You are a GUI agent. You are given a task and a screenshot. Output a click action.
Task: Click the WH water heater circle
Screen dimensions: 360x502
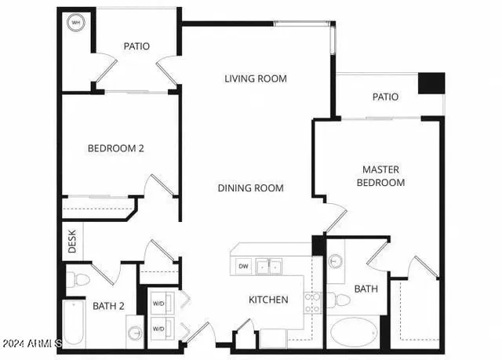pyautogui.click(x=76, y=23)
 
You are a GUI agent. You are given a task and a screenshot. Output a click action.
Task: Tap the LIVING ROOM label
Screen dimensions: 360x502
pyautogui.click(x=256, y=78)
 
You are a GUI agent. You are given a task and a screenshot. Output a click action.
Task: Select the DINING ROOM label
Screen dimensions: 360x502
pyautogui.click(x=251, y=188)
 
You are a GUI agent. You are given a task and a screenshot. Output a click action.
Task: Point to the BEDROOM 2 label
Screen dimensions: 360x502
pyautogui.click(x=115, y=147)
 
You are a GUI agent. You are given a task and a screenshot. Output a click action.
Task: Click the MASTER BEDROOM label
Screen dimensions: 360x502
pyautogui.click(x=381, y=176)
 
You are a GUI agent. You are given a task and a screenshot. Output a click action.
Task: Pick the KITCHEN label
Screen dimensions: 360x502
pyautogui.click(x=269, y=300)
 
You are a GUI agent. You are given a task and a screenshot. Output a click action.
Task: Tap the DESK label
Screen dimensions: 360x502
pyautogui.click(x=71, y=242)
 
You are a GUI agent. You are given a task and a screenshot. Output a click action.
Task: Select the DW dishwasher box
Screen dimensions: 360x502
pyautogui.click(x=244, y=265)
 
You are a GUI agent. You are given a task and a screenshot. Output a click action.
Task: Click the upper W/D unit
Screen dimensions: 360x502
pyautogui.click(x=158, y=302)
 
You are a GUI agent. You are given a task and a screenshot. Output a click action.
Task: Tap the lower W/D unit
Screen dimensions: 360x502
pyautogui.click(x=158, y=328)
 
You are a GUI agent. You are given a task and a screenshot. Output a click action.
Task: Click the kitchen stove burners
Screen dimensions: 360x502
pyautogui.click(x=312, y=303)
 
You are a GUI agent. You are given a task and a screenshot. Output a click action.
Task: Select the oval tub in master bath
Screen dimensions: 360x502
pyautogui.click(x=355, y=332)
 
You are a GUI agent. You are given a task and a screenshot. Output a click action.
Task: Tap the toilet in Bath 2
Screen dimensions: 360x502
pyautogui.click(x=78, y=278)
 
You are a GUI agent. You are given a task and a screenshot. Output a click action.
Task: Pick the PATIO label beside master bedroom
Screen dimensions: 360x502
pyautogui.click(x=384, y=97)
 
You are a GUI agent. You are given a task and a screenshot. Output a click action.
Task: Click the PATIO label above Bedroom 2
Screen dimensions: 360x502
pyautogui.click(x=136, y=46)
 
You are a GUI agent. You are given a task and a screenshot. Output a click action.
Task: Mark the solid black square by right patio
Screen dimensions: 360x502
pyautogui.click(x=431, y=84)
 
